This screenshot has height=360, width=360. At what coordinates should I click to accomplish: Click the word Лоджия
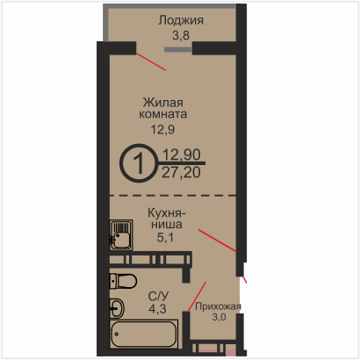tap(181, 21)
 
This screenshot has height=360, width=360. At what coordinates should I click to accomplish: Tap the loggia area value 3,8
tap(181, 35)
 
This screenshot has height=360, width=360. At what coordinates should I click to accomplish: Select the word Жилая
tap(163, 103)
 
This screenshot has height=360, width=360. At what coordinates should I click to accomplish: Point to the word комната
tap(163, 114)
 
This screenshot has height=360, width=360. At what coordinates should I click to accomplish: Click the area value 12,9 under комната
tap(162, 129)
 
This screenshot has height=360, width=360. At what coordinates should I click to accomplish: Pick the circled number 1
tap(139, 163)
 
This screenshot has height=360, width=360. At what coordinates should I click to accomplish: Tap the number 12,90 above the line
tap(182, 155)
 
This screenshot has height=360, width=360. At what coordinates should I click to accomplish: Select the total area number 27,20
tap(181, 172)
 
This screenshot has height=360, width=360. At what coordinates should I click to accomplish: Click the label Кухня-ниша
tap(167, 219)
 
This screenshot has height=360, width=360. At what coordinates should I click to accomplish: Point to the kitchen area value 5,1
tap(165, 237)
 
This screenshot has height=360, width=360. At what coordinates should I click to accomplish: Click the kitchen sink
tap(121, 235)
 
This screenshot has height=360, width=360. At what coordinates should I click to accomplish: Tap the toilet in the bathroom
tap(123, 281)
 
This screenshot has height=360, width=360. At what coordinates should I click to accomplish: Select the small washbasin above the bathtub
tap(117, 308)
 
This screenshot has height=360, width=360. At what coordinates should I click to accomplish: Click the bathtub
tap(144, 334)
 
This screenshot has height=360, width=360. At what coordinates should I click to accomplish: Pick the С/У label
tap(158, 297)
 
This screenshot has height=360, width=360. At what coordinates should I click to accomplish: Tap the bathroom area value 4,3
tap(157, 309)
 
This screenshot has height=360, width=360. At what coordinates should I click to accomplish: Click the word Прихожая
tap(218, 306)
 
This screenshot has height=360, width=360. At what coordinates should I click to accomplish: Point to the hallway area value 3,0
tap(219, 317)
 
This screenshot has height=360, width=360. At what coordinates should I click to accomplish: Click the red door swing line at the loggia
tap(151, 61)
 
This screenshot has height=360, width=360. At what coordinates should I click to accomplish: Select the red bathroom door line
tap(197, 297)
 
